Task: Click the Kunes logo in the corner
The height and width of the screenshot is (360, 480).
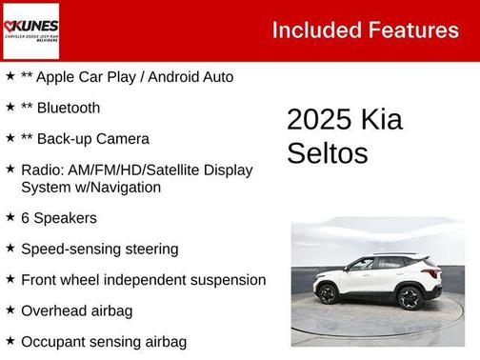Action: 30,30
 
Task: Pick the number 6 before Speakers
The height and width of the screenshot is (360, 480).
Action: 25,218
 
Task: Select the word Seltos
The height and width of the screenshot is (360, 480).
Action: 327,152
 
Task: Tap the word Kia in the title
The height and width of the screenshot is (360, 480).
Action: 382,121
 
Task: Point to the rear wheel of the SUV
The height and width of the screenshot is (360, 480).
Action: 410,297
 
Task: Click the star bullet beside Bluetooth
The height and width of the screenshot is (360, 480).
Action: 10,107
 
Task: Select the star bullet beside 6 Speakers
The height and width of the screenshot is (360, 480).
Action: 10,217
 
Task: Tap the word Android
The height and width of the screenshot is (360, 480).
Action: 168,77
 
